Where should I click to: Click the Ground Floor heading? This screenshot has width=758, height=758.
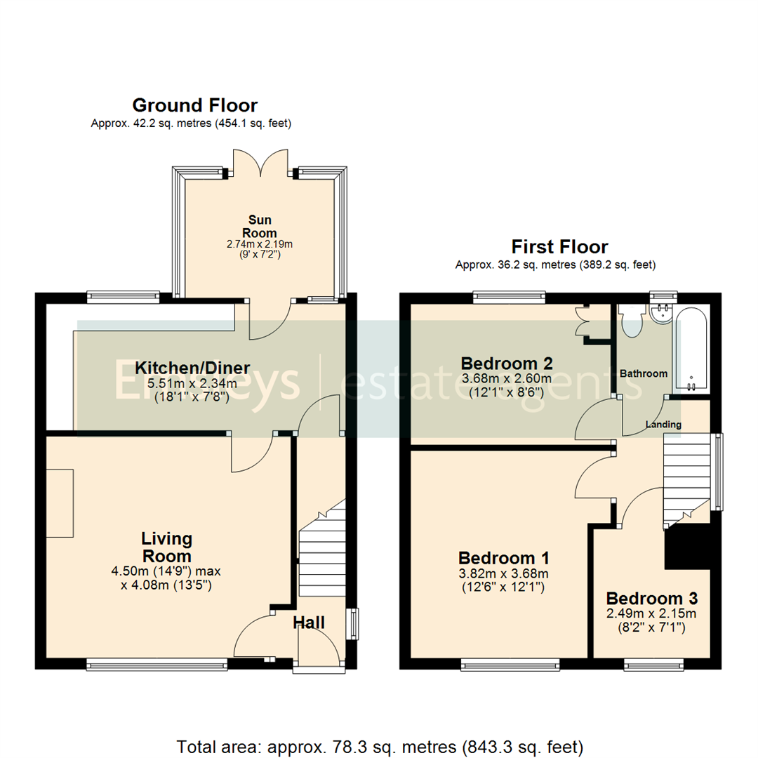pyautogui.click(x=194, y=105)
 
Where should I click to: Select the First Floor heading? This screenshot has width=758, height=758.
pyautogui.click(x=559, y=246)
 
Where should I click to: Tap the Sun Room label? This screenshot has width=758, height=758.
pyautogui.click(x=259, y=227)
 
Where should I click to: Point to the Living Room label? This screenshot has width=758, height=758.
pyautogui.click(x=166, y=547)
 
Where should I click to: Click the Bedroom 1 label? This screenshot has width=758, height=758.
pyautogui.click(x=503, y=558)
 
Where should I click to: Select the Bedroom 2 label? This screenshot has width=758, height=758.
pyautogui.click(x=506, y=364)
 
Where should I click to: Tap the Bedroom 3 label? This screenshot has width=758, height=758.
pyautogui.click(x=651, y=599)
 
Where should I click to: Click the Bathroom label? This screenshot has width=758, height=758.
pyautogui.click(x=643, y=373)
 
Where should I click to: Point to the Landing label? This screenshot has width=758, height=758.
pyautogui.click(x=663, y=425)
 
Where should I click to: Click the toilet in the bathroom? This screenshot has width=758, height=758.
pyautogui.click(x=632, y=321)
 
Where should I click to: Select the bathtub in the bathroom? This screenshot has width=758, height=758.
pyautogui.click(x=691, y=348)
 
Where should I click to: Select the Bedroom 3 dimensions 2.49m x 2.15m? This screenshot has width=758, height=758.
pyautogui.click(x=651, y=615)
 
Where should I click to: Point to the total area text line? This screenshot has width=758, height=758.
pyautogui.click(x=380, y=745)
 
